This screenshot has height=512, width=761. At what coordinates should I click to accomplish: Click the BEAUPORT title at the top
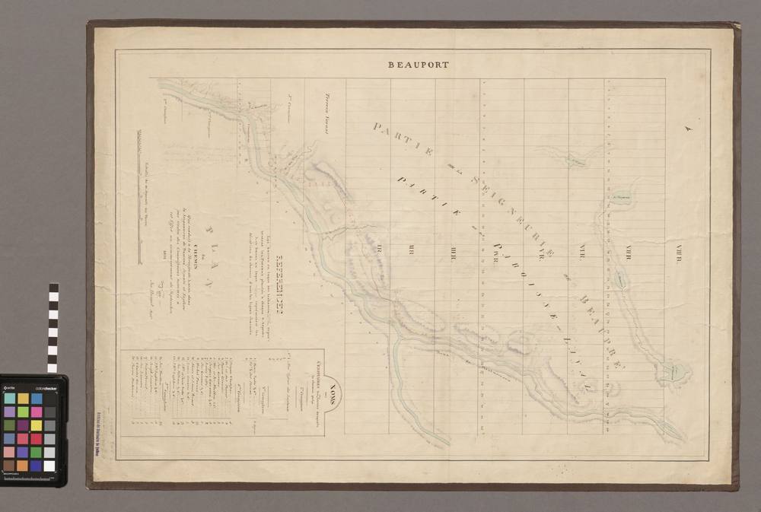pos(419,65)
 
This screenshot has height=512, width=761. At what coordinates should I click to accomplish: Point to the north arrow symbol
pos(689,130)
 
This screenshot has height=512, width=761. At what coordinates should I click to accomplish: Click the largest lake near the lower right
pos(673,371)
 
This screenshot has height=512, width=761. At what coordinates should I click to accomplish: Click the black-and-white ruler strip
pos(53,328)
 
